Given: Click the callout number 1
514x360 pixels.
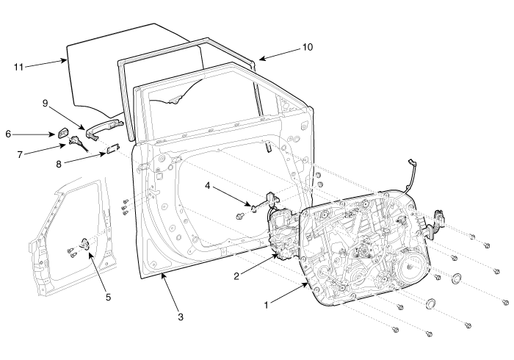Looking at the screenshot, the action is coord(266,305).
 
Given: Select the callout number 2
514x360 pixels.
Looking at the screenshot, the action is coord(236,276).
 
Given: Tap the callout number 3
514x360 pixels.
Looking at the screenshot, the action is coord(181,317).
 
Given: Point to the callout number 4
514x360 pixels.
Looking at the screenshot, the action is coord(207,186).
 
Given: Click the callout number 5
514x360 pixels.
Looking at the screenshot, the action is coord(108,298).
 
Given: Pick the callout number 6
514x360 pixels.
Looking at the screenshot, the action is coord(8,134).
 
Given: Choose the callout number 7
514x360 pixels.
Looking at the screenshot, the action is coord(20,154).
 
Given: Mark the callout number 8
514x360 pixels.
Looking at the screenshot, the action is coord(59,164).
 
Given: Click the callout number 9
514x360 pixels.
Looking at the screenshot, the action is coord(46,104).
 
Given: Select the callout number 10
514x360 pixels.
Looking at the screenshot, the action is coord(308,47).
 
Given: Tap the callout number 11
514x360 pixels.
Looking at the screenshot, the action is coord(18,67).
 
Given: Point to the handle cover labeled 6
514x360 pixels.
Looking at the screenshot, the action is coord(63,134).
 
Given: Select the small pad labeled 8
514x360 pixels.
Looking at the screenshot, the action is coord(113,149).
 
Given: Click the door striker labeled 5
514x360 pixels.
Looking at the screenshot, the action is coord(85,244).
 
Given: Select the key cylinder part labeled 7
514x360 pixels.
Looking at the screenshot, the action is coord(78,143).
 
